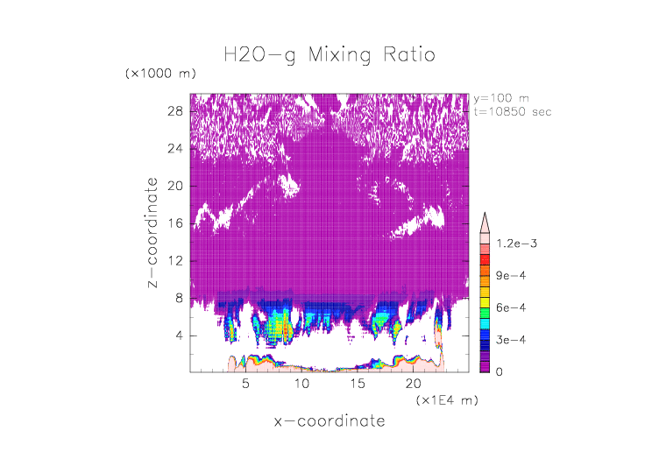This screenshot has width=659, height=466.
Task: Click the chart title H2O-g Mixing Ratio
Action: pyautogui.click(x=329, y=55)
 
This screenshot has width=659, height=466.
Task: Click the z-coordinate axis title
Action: pyautogui.click(x=152, y=232)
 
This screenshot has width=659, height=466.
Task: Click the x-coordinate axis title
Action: pyautogui.click(x=329, y=421)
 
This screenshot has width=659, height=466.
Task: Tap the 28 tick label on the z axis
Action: pyautogui.click(x=174, y=111)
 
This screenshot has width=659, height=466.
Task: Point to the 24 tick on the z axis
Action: pyautogui.click(x=174, y=149)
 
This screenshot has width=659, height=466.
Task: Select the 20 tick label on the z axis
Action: pyautogui.click(x=174, y=186)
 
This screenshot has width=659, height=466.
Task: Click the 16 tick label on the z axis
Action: pyautogui.click(x=174, y=223)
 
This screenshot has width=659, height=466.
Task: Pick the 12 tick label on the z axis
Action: pyautogui.click(x=174, y=261)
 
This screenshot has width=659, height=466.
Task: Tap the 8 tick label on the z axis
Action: pyautogui.click(x=178, y=298)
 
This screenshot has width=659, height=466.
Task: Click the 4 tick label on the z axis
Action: pyautogui.click(x=178, y=335)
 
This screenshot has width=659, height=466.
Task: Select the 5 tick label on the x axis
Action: pyautogui.click(x=246, y=384)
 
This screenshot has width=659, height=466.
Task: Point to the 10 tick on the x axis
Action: pyautogui.click(x=301, y=384)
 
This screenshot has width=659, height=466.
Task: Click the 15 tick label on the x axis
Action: pyautogui.click(x=358, y=384)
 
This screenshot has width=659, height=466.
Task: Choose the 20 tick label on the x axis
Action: pyautogui.click(x=413, y=384)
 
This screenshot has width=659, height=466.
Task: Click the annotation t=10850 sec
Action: pyautogui.click(x=513, y=112)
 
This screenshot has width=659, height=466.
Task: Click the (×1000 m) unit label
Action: pyautogui.click(x=160, y=73)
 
